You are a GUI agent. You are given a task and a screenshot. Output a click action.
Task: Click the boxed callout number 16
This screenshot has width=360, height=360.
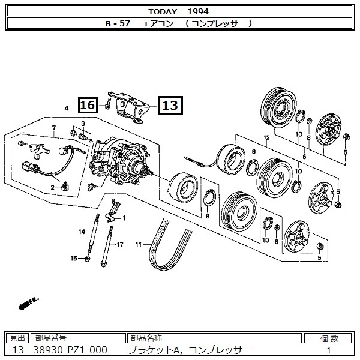click(x=88, y=106)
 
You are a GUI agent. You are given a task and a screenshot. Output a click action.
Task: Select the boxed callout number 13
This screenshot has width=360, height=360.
click(x=170, y=106)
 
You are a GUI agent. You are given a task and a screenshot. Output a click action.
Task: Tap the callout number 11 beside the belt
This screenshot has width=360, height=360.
click(x=138, y=244)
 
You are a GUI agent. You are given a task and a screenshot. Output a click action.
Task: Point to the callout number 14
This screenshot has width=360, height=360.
click(x=83, y=231)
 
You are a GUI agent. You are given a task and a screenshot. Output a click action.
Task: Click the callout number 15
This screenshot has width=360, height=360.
click(x=74, y=259)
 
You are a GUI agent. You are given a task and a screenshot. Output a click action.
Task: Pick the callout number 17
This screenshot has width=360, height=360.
click(x=120, y=244)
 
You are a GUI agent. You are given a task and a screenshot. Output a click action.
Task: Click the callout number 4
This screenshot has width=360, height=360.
click(x=66, y=109)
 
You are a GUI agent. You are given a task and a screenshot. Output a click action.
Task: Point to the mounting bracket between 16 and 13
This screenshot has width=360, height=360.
click(x=129, y=108)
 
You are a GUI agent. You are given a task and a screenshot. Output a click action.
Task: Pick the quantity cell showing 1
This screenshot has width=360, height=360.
click(x=329, y=350)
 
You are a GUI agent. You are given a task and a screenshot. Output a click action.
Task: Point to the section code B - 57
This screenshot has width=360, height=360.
click(x=118, y=23)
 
